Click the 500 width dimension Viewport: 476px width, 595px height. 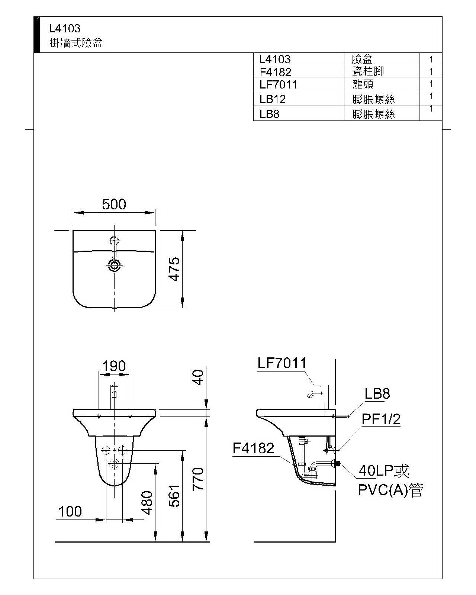(x=114, y=204)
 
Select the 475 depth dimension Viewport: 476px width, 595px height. (x=174, y=269)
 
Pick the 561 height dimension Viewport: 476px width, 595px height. (x=174, y=496)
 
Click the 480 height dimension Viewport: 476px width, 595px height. (x=147, y=503)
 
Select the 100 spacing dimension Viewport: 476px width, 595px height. (x=70, y=511)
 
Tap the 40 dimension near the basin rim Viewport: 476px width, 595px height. (x=198, y=378)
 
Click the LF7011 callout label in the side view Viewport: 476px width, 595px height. (x=282, y=363)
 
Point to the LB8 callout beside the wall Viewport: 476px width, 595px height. (x=377, y=393)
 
